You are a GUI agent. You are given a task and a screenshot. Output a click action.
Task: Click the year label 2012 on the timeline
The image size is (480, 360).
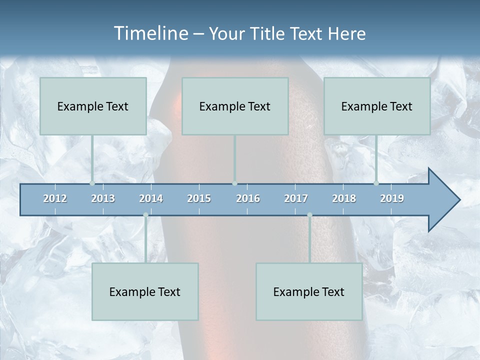(x=55, y=198)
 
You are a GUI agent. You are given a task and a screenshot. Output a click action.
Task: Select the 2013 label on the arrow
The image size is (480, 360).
(x=103, y=198)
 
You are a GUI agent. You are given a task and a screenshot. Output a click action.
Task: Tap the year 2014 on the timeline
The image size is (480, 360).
(x=151, y=198)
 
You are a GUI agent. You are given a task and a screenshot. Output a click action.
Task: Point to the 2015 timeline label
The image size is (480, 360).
(x=199, y=198)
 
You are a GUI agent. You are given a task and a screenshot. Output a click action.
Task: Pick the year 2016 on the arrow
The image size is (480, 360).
(x=248, y=198)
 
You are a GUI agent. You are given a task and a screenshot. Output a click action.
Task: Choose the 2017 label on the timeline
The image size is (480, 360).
(x=296, y=198)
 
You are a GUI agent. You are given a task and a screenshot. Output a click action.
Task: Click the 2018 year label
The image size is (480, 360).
(x=344, y=198)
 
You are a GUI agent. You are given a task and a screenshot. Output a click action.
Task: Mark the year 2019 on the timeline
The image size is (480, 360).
(x=392, y=198)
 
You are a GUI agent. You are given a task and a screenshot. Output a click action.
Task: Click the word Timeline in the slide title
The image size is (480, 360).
(x=150, y=33)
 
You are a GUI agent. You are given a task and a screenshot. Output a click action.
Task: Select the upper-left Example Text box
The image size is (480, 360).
(x=93, y=106)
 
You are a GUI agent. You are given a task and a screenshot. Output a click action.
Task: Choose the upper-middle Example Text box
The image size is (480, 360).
(x=235, y=106)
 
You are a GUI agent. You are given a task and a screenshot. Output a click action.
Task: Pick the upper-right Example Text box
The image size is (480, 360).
(x=377, y=106)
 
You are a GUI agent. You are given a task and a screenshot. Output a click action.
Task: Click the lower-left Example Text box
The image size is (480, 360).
(x=145, y=291)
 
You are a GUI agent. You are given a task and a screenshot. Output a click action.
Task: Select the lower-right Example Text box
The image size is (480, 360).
(x=309, y=291)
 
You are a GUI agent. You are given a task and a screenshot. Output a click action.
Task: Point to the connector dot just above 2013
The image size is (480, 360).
(x=92, y=183)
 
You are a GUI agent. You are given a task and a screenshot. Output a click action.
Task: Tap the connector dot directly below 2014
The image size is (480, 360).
(x=145, y=215)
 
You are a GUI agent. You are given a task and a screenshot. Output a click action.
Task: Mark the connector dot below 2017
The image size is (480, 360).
(x=309, y=215)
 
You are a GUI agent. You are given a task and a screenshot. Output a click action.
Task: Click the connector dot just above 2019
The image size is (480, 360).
(x=376, y=183)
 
